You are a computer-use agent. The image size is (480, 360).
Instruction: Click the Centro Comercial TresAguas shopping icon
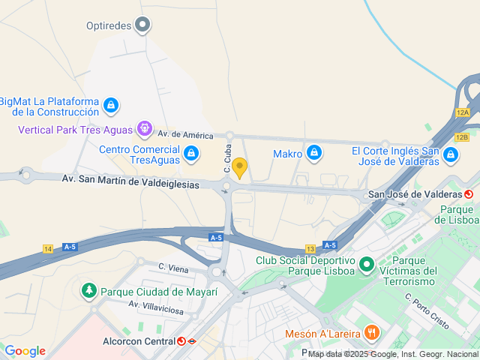click(x=192, y=154)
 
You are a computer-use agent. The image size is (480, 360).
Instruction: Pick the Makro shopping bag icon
click(x=314, y=154)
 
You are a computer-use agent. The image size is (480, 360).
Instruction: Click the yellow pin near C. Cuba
click(x=239, y=168)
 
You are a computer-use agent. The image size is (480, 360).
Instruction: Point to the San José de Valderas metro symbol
click(x=469, y=194)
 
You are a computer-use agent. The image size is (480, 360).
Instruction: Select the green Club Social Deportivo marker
click(x=367, y=265)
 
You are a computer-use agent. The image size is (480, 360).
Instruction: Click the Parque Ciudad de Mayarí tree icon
click(x=89, y=291)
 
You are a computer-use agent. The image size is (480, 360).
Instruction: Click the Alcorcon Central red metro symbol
click(x=181, y=341)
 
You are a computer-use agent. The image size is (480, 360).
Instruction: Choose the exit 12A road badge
click(x=462, y=112)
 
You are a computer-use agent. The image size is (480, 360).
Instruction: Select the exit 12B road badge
click(x=461, y=137)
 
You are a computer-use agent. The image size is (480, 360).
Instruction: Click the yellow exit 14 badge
click(x=49, y=248)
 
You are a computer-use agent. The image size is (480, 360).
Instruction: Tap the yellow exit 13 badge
click(x=310, y=248)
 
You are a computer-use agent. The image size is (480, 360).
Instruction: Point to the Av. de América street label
click(x=185, y=134)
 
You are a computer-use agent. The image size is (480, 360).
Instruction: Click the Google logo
click(x=25, y=350)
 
